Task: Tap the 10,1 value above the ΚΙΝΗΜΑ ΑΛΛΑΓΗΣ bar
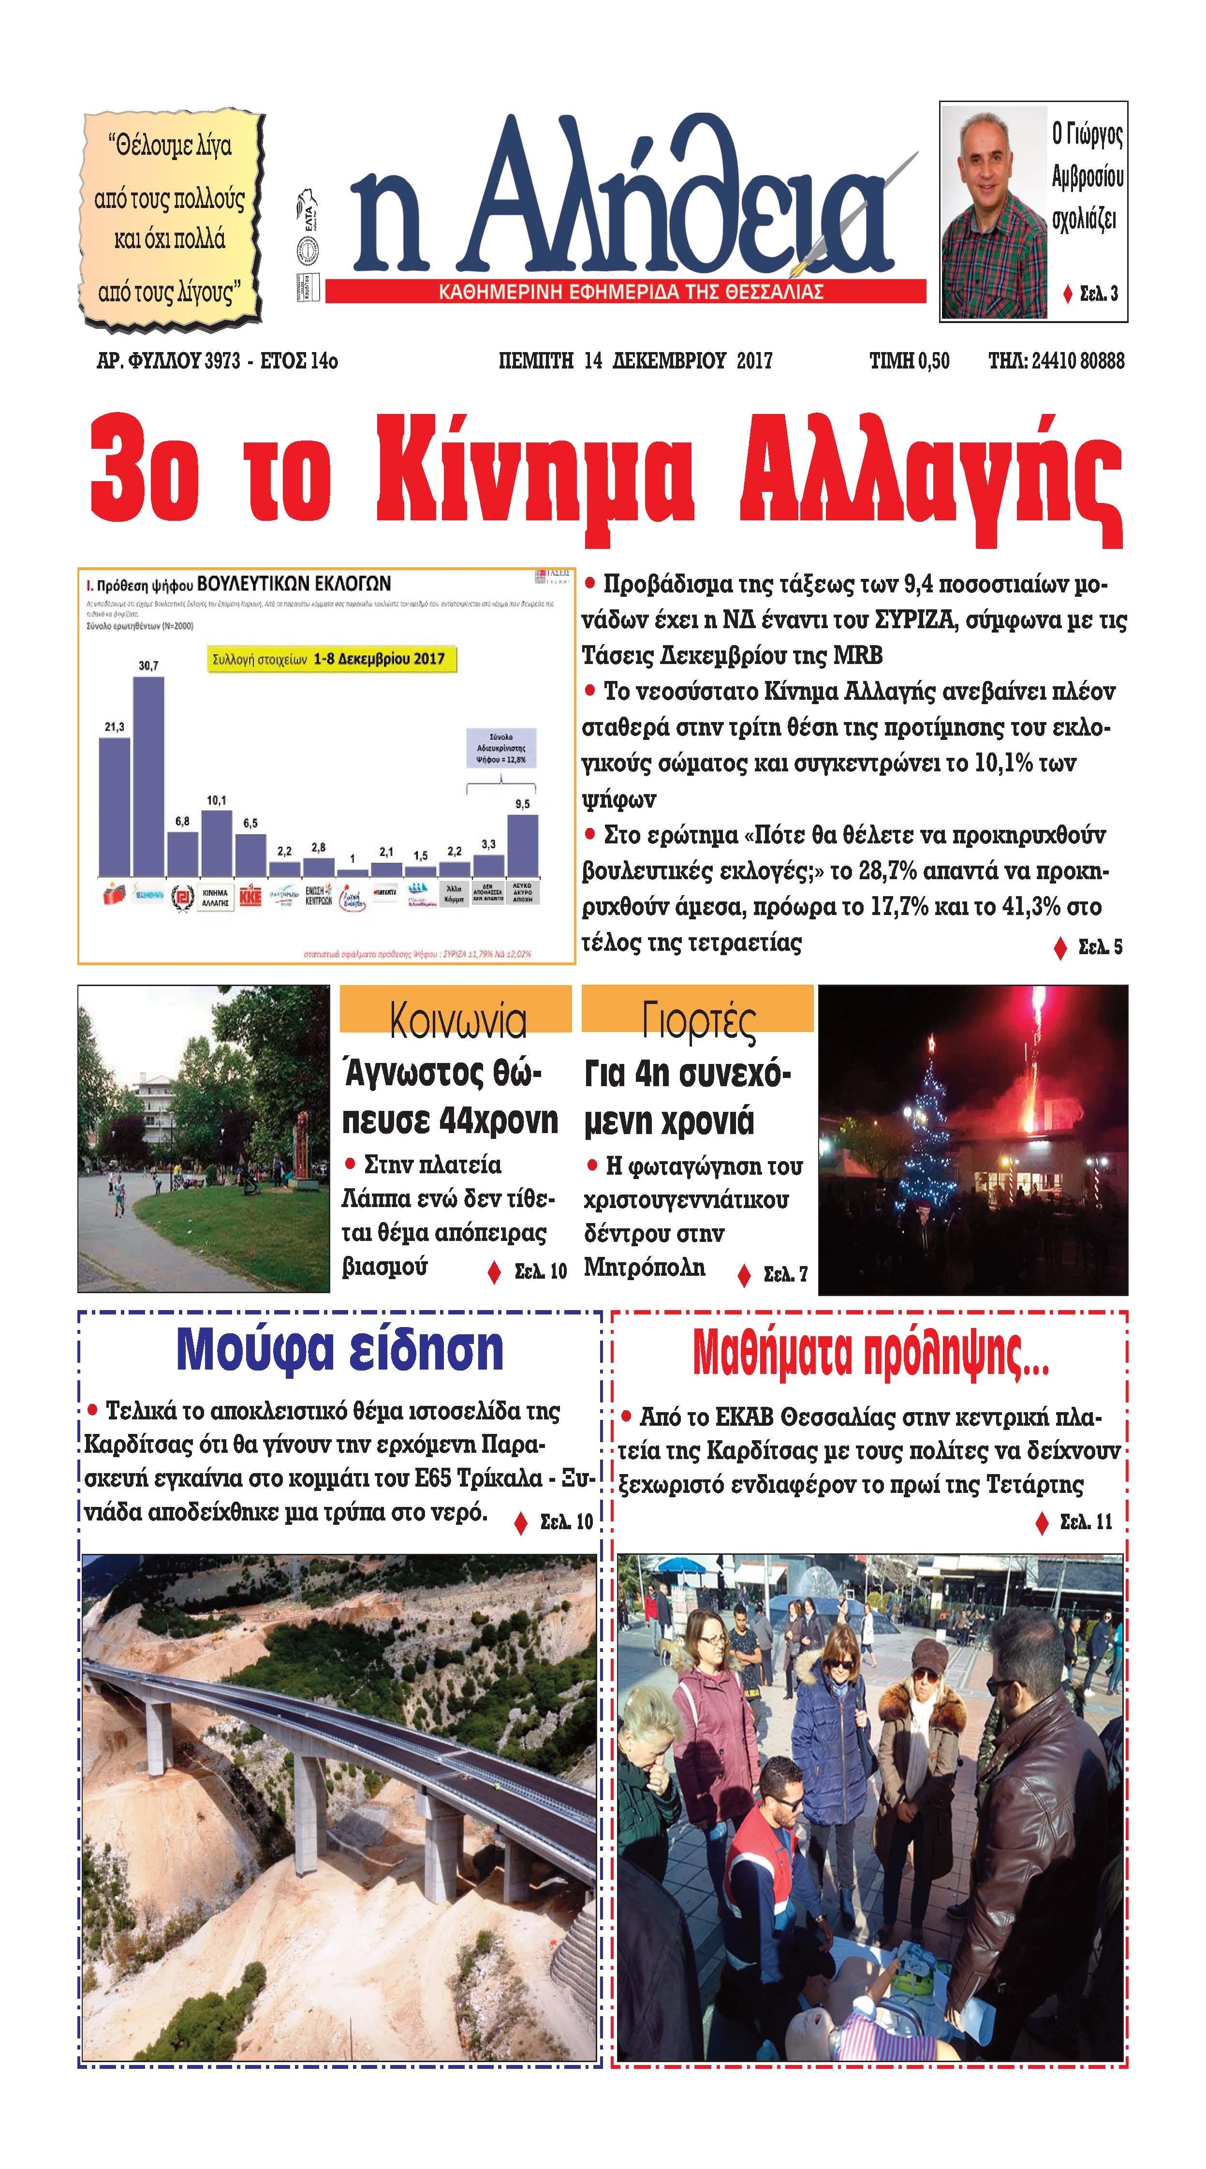pyautogui.click(x=217, y=800)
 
